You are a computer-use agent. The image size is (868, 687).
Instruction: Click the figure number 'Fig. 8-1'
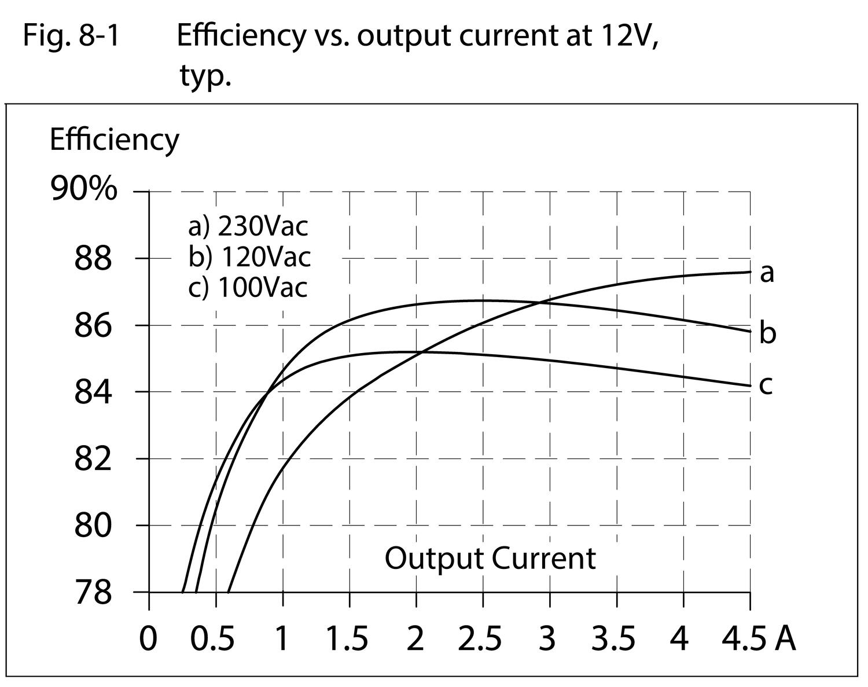coord(71,36)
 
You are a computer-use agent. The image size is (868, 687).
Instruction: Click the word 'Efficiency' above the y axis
coord(114,139)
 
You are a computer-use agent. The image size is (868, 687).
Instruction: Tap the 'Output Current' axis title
coord(490,559)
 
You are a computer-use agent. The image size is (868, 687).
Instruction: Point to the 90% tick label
coord(84,189)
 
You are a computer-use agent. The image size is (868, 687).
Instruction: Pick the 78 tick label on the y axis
coord(93,593)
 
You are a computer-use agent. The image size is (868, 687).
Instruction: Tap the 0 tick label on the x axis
coord(149,639)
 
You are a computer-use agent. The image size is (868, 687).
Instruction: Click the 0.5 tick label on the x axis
coord(214,639)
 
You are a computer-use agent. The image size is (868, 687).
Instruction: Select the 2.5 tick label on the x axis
coord(480,639)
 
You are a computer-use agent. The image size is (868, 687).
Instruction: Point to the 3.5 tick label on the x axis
coord(613,639)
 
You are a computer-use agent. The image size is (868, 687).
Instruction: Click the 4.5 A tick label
coord(759,639)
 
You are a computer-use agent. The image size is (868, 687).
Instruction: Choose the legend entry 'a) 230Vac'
coord(248,226)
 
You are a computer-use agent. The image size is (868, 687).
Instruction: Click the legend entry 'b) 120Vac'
coord(249,257)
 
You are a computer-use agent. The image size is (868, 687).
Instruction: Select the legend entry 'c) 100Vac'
coord(248,288)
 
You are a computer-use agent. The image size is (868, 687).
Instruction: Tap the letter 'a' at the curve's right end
coord(767,273)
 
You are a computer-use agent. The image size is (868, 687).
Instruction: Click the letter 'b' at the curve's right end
coord(767,333)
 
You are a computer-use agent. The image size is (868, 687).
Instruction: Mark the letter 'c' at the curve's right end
coord(766,385)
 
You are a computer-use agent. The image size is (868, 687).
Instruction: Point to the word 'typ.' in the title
coord(205,76)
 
